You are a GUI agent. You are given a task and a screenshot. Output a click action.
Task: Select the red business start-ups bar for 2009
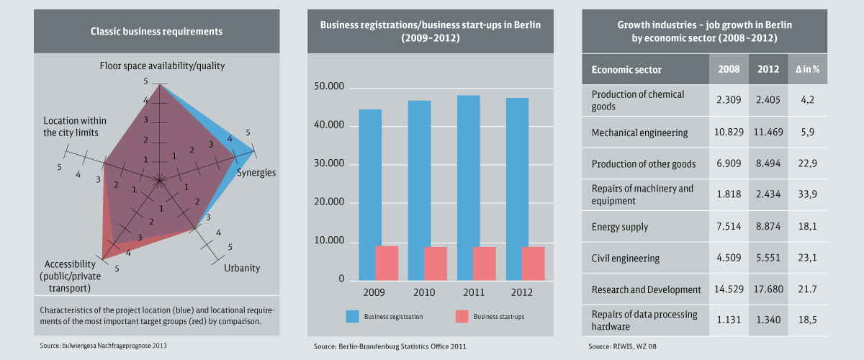[387, 263]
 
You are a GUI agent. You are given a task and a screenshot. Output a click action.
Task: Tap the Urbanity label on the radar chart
[242, 269]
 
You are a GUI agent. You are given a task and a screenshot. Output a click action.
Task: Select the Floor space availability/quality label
[162, 66]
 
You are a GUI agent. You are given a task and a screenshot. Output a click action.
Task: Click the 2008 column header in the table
[729, 70]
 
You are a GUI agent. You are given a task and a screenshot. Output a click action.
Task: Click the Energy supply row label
[619, 227]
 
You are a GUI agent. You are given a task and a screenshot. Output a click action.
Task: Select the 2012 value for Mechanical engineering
[769, 132]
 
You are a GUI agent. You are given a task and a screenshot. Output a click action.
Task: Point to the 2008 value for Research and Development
[729, 289]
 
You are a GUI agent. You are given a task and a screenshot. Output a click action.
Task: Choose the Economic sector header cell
[626, 70]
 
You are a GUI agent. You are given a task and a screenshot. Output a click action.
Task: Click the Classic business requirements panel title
[156, 31]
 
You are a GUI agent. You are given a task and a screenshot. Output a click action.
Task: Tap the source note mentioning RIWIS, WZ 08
[624, 346]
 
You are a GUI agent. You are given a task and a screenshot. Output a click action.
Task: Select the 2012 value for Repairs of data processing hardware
[769, 320]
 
